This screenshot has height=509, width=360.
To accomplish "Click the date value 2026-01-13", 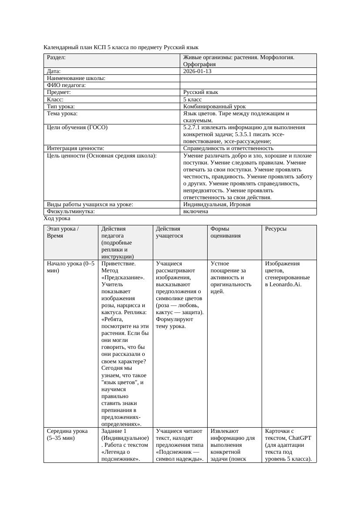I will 197,71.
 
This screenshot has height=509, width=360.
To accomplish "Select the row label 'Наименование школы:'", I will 76,78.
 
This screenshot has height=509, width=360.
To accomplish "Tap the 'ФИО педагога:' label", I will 66,85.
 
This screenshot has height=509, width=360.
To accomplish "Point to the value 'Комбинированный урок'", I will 214,106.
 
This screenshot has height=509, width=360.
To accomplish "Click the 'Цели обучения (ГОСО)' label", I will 77,127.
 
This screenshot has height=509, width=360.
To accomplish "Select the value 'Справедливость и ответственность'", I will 228,148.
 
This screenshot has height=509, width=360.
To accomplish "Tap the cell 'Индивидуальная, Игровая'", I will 217,204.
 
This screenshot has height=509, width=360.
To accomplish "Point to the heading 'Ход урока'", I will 57,218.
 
